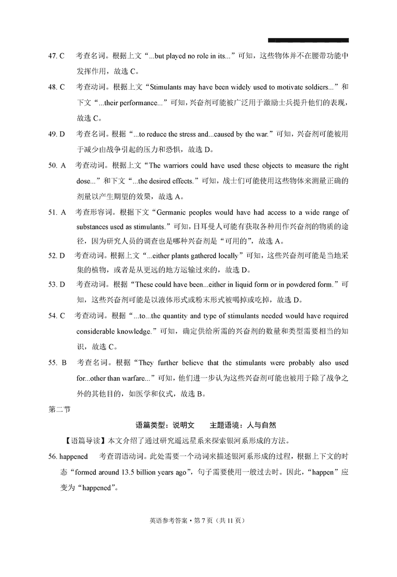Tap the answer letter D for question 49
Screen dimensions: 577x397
[x=63, y=134]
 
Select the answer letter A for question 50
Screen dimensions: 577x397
[x=63, y=166]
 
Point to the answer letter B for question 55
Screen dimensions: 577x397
[x=64, y=363]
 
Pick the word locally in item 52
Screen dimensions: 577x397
[x=225, y=256]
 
